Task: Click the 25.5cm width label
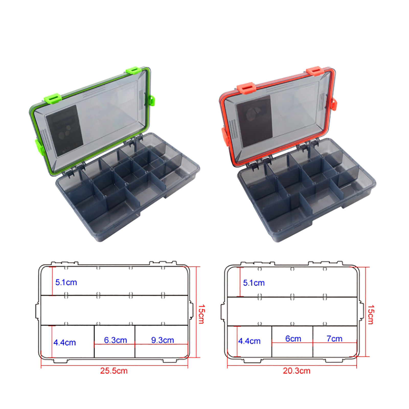click(114, 371)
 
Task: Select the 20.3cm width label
click(297, 371)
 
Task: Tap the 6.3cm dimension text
click(116, 340)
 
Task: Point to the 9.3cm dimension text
click(163, 340)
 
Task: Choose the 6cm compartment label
click(293, 339)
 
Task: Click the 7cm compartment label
click(334, 339)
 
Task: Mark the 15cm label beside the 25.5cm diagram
click(201, 314)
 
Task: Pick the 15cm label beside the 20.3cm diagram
click(371, 315)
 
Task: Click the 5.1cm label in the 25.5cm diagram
click(66, 282)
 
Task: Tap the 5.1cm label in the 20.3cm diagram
click(254, 283)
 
